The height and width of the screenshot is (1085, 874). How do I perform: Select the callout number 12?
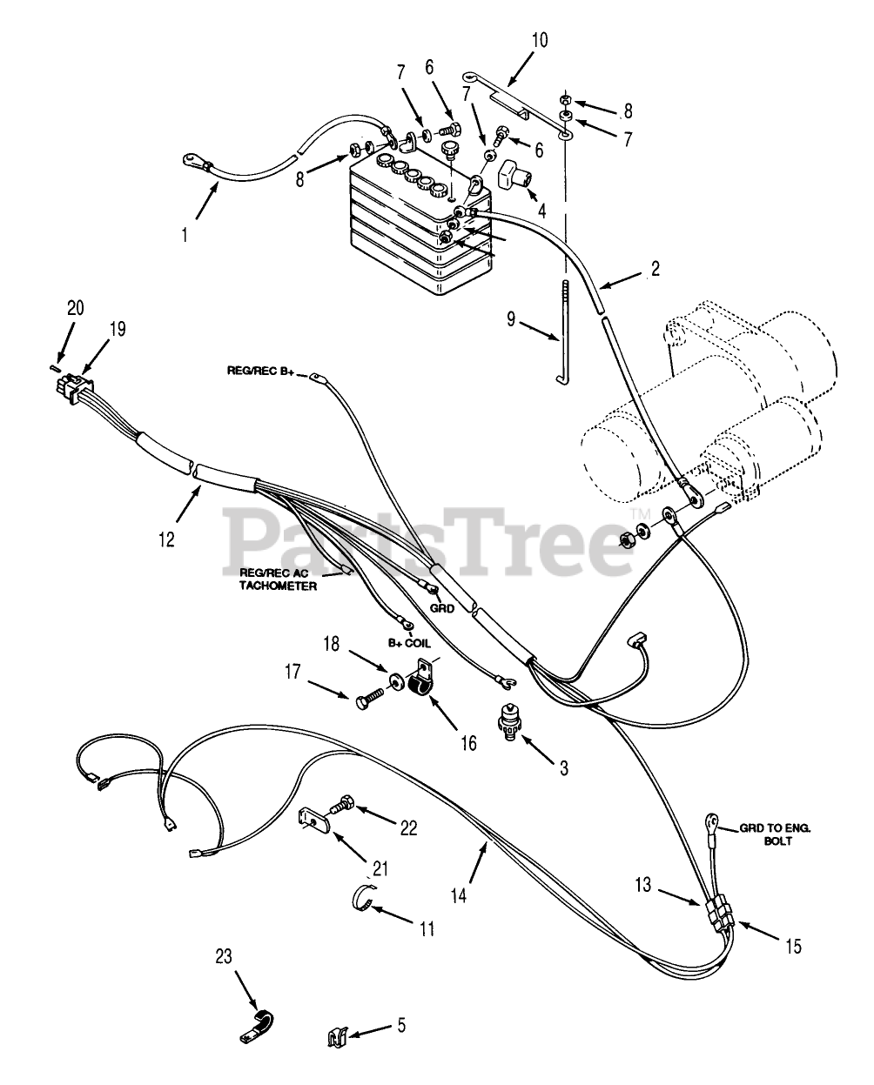pyautogui.click(x=167, y=539)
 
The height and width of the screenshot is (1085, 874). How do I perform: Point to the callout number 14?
pyautogui.click(x=459, y=893)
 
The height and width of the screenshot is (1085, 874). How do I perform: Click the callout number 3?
pyautogui.click(x=563, y=768)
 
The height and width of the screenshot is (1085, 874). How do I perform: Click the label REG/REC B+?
pyautogui.click(x=262, y=373)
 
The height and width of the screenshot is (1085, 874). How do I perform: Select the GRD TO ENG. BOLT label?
pyautogui.click(x=774, y=836)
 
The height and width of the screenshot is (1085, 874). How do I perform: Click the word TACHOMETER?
pyautogui.click(x=278, y=586)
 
